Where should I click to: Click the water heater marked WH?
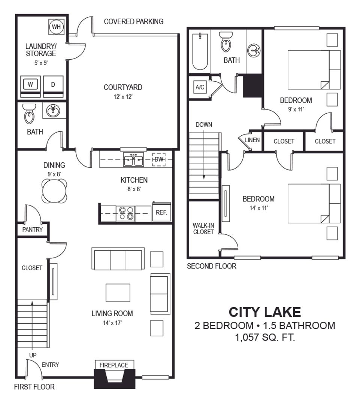pos(56,27)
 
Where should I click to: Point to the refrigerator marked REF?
pos(161,212)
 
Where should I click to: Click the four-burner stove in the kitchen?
pos(126,214)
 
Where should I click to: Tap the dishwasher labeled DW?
pos(159,160)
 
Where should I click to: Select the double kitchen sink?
pos(133,160)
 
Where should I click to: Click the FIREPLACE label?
pos(114,365)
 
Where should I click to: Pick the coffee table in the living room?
pos(118,293)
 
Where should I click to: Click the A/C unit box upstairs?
pos(200,87)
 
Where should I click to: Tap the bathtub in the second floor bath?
pos(200,51)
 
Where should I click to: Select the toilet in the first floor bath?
pos(29,114)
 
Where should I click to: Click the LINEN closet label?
pos(252,140)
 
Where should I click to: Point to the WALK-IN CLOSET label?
pos(203,229)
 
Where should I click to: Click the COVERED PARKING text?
pos(134,21)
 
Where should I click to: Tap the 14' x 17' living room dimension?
pos(112,323)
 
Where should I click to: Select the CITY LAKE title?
pos(265,312)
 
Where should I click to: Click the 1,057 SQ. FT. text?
pos(265,337)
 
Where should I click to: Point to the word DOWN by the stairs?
pos(204,125)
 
